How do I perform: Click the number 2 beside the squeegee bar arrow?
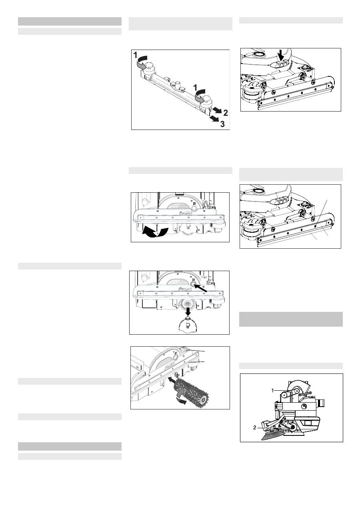click(226, 112)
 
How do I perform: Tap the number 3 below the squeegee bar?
click(222, 124)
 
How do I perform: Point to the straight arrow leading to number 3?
click(214, 118)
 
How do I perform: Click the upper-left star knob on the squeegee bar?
click(149, 66)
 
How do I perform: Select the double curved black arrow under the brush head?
click(155, 232)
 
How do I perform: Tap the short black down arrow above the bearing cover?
click(188, 311)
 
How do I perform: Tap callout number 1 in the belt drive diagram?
click(273, 390)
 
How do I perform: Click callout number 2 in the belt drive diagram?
click(255, 428)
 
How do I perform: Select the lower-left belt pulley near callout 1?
click(284, 395)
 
